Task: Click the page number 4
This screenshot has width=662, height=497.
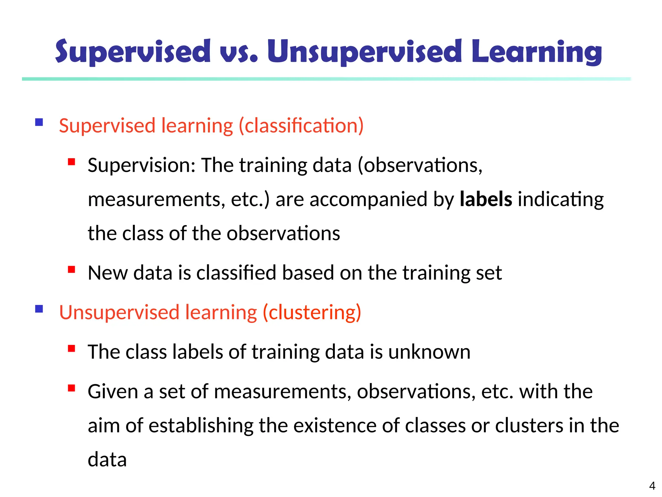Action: (652, 486)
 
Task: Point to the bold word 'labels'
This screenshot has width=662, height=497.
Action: (486, 199)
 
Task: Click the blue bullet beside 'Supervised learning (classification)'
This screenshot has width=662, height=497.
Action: (39, 122)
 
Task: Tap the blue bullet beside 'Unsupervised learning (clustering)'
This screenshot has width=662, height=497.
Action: (39, 309)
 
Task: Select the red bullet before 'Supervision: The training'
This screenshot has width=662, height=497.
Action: (71, 162)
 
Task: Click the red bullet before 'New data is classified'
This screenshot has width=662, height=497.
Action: (71, 269)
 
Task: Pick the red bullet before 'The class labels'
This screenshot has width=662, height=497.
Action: (71, 348)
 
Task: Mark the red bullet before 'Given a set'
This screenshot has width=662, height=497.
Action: (71, 388)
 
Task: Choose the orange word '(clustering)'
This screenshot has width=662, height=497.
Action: (312, 313)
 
